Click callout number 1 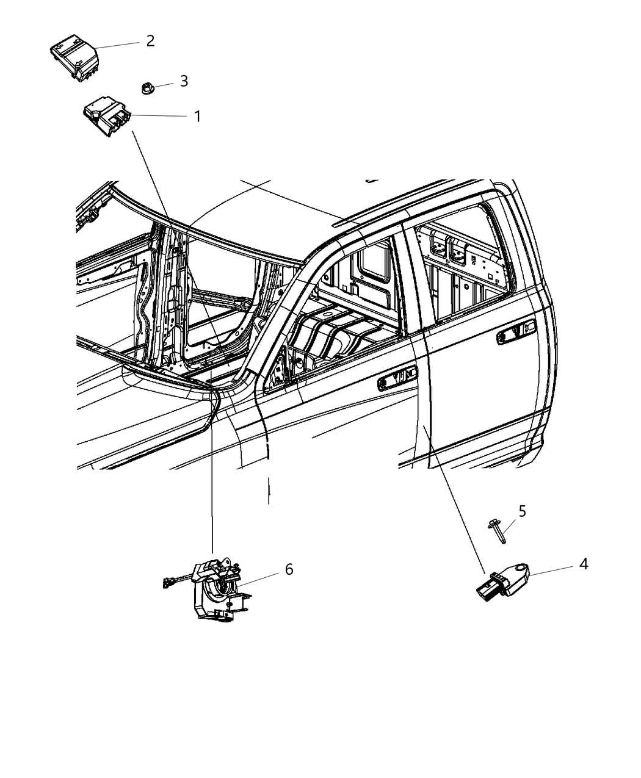[x=197, y=116]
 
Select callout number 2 [x=150, y=41]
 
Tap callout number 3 [x=184, y=81]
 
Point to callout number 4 [x=583, y=564]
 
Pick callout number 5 [x=522, y=510]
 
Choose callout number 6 [x=289, y=569]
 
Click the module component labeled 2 [x=74, y=58]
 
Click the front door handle [x=397, y=379]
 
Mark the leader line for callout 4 [x=551, y=569]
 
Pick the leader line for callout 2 [x=120, y=45]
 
